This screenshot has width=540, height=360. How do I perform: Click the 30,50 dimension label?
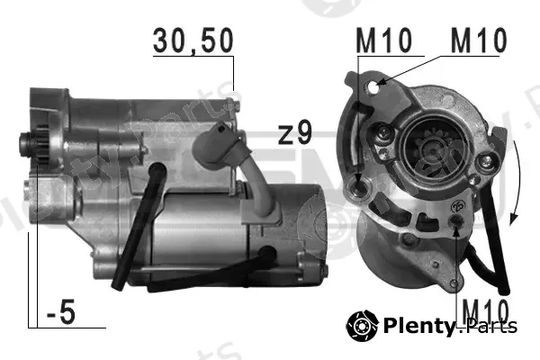[x=193, y=41]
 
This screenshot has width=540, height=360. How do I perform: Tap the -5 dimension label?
[x=61, y=312]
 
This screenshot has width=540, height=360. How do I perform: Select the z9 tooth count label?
[x=295, y=133]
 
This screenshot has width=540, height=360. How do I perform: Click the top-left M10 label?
[x=383, y=40]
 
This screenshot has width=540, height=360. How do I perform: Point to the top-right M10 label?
[x=479, y=40]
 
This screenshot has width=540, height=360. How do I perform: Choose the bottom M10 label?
[x=485, y=310]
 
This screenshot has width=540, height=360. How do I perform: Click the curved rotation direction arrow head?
[x=514, y=219]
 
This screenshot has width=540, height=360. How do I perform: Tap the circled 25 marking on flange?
[x=458, y=206]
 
